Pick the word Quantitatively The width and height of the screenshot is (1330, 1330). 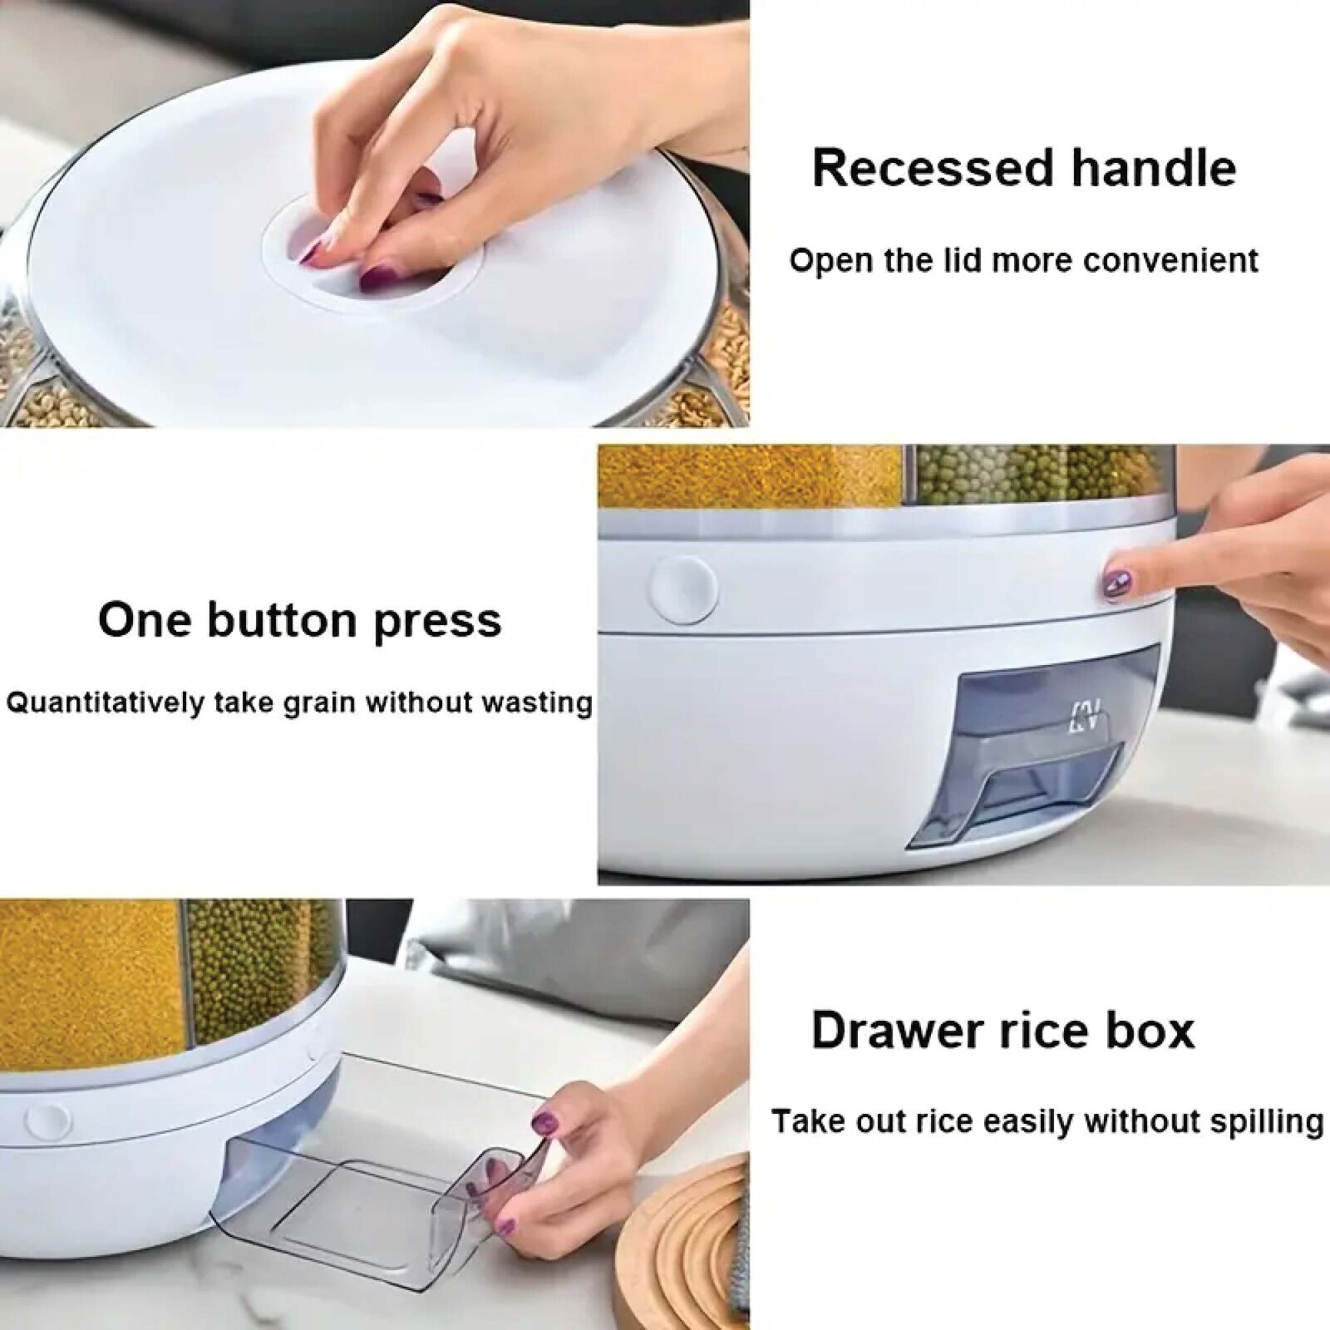coord(105,703)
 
